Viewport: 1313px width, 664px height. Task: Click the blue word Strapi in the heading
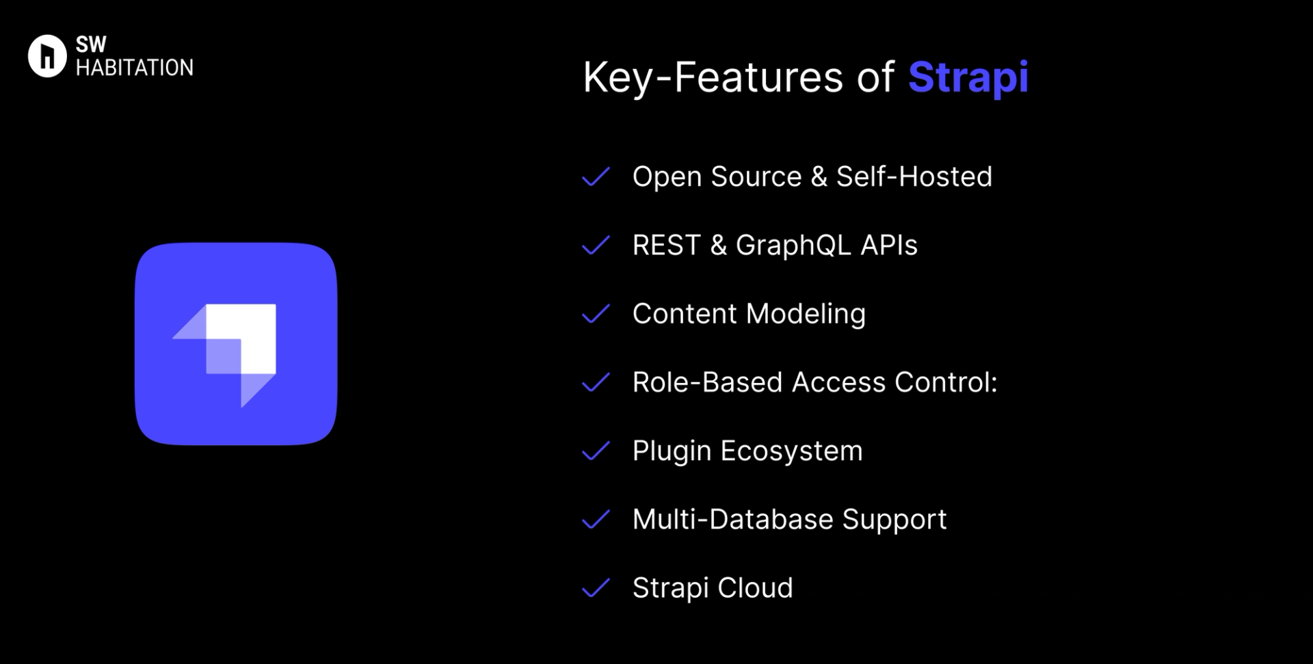[968, 77]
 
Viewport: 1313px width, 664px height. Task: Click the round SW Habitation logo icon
[47, 56]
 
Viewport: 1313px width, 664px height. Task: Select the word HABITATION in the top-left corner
[134, 68]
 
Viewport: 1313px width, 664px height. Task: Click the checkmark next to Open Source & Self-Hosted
[596, 176]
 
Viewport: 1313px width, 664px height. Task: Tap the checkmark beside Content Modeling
[596, 314]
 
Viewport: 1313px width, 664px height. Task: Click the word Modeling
[806, 314]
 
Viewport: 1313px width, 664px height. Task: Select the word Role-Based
[707, 382]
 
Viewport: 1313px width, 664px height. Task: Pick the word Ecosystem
[791, 451]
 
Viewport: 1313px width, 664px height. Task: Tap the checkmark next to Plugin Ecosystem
[596, 451]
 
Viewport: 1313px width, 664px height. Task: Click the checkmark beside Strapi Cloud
[596, 588]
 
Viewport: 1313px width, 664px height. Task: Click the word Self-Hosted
[914, 176]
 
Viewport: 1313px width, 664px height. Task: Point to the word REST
[666, 245]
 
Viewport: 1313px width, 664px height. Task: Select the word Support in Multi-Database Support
[894, 520]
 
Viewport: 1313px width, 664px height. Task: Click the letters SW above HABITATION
[91, 45]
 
